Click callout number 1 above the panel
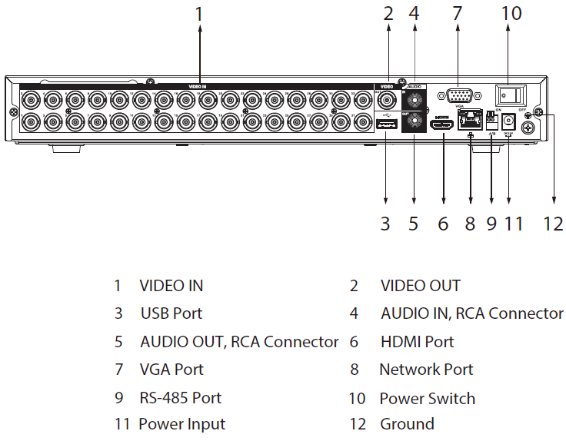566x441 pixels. pyautogui.click(x=199, y=14)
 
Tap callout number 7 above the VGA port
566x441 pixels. pyautogui.click(x=458, y=14)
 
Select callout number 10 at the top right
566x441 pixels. pyautogui.click(x=511, y=14)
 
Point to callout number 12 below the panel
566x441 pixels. pyautogui.click(x=554, y=224)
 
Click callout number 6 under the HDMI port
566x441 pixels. pyautogui.click(x=442, y=224)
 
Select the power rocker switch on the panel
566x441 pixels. pyautogui.click(x=511, y=96)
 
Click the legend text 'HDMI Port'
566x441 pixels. pyautogui.click(x=418, y=342)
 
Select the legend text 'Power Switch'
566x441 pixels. pyautogui.click(x=428, y=399)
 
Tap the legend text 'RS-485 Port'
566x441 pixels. pyautogui.click(x=181, y=398)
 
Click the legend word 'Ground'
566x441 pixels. pyautogui.click(x=407, y=424)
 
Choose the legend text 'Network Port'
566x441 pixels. pyautogui.click(x=426, y=370)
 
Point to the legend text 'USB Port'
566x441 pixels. pyautogui.click(x=171, y=313)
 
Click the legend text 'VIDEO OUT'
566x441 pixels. pyautogui.click(x=421, y=286)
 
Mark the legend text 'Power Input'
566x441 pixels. pyautogui.click(x=182, y=424)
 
